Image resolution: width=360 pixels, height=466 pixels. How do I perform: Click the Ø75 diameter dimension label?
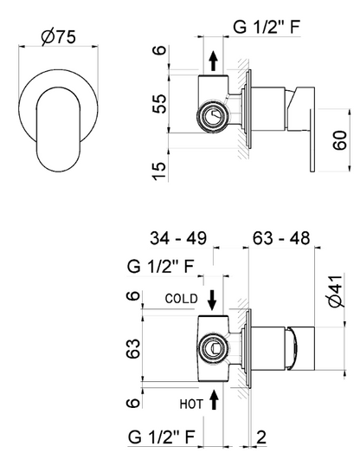(59, 37)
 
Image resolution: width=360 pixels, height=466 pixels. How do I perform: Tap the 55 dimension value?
(159, 103)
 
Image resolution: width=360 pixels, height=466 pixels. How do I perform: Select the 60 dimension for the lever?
(340, 140)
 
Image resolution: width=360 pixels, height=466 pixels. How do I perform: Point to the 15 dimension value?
(159, 171)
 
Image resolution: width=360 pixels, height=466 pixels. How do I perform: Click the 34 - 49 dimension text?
(178, 238)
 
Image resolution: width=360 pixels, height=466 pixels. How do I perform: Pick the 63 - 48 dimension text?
(281, 238)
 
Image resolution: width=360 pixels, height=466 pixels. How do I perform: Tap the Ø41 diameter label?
(337, 292)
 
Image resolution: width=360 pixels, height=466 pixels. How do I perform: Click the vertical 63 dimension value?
(132, 348)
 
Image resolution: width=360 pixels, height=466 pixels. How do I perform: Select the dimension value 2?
(260, 437)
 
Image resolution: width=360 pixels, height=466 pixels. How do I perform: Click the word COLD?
(182, 299)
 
